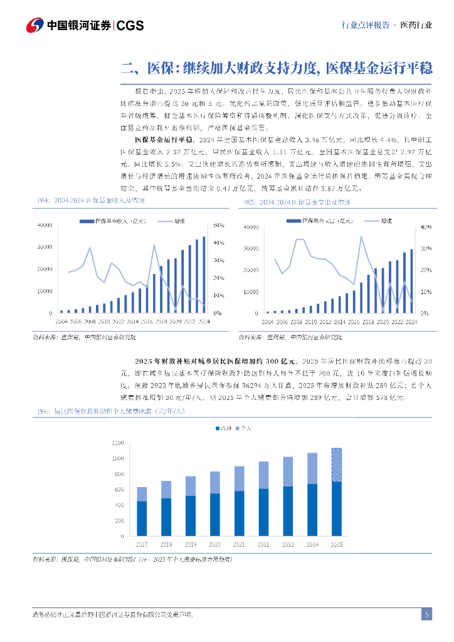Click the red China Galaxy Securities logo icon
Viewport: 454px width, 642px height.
tap(35, 26)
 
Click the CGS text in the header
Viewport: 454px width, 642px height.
tap(130, 26)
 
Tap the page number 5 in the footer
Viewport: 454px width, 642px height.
tap(426, 614)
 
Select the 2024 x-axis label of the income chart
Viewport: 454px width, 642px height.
tap(203, 321)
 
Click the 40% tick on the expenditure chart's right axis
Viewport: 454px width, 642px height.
tap(424, 226)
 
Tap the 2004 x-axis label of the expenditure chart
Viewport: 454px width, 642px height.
tap(268, 322)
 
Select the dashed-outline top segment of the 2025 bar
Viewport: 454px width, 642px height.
tap(336, 465)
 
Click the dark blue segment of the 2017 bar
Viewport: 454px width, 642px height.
tap(142, 518)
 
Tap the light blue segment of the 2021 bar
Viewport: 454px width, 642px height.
tap(239, 478)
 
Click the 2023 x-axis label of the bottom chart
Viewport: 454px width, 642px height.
tap(288, 544)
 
